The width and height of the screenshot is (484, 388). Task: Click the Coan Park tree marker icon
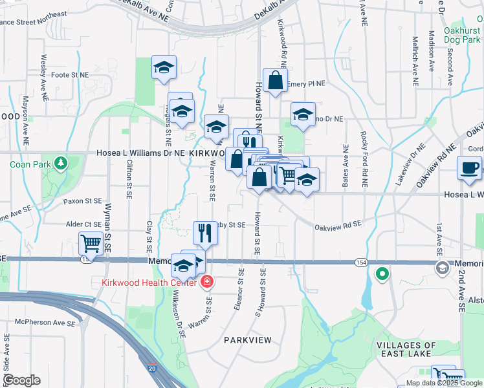point(61,162)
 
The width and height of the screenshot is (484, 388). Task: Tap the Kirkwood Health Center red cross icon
point(206,281)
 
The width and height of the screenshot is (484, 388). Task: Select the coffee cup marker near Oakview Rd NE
point(469,168)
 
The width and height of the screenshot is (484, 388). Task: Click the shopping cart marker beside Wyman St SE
point(90,244)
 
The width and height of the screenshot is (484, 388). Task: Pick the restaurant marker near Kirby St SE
point(205,233)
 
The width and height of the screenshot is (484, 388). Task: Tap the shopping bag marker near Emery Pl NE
point(275,81)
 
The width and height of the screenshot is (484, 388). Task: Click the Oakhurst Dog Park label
point(462,35)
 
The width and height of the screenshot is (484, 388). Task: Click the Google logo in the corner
point(21,380)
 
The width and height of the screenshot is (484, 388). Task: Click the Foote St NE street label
point(69,75)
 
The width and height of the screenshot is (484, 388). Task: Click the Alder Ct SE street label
point(84,224)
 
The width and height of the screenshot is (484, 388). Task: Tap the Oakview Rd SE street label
point(336,227)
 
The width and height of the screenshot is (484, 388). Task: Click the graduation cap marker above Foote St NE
point(164,67)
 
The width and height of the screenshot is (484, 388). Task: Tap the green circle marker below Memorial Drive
point(382,274)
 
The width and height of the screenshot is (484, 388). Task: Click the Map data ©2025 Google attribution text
point(444,383)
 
